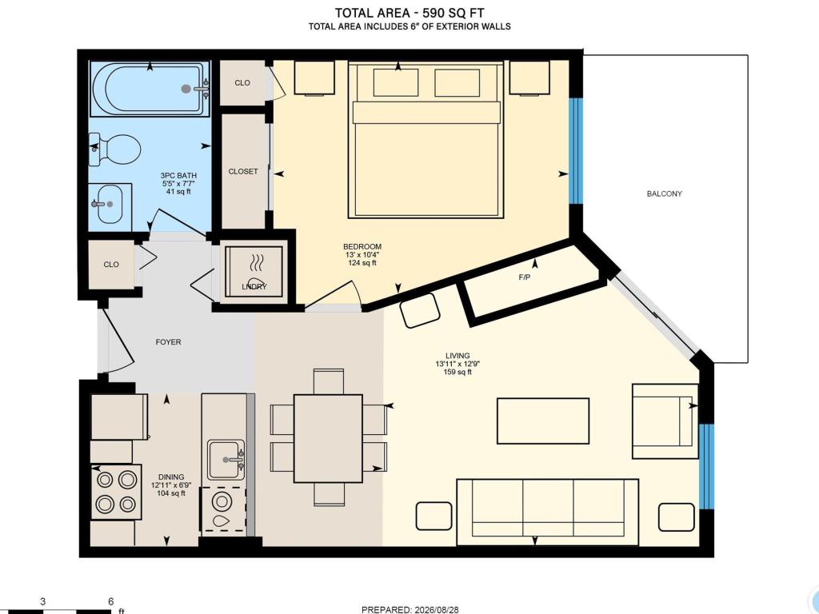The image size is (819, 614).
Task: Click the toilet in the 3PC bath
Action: tap(115, 150)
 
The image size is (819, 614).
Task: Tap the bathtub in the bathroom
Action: tap(150, 89)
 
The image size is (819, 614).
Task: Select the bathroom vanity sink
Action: tap(110, 204)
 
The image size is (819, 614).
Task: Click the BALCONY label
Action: tap(665, 193)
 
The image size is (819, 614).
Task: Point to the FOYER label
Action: tap(168, 342)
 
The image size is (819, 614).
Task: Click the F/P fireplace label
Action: tap(525, 277)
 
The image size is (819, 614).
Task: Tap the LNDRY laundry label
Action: tap(254, 287)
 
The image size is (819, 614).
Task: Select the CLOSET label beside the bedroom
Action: tap(243, 171)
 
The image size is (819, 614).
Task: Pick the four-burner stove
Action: tap(117, 492)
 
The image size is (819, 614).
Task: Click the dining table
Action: tap(328, 439)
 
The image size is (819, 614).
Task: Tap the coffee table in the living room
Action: tap(543, 421)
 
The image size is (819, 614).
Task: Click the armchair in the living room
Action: tap(665, 421)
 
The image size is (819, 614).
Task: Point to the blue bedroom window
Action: tap(575, 150)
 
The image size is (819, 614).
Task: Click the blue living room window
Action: tap(706, 466)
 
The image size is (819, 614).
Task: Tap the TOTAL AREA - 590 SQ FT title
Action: tap(409, 13)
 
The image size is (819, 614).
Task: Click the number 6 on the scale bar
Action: tap(110, 601)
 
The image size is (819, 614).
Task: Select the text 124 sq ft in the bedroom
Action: tap(362, 263)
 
